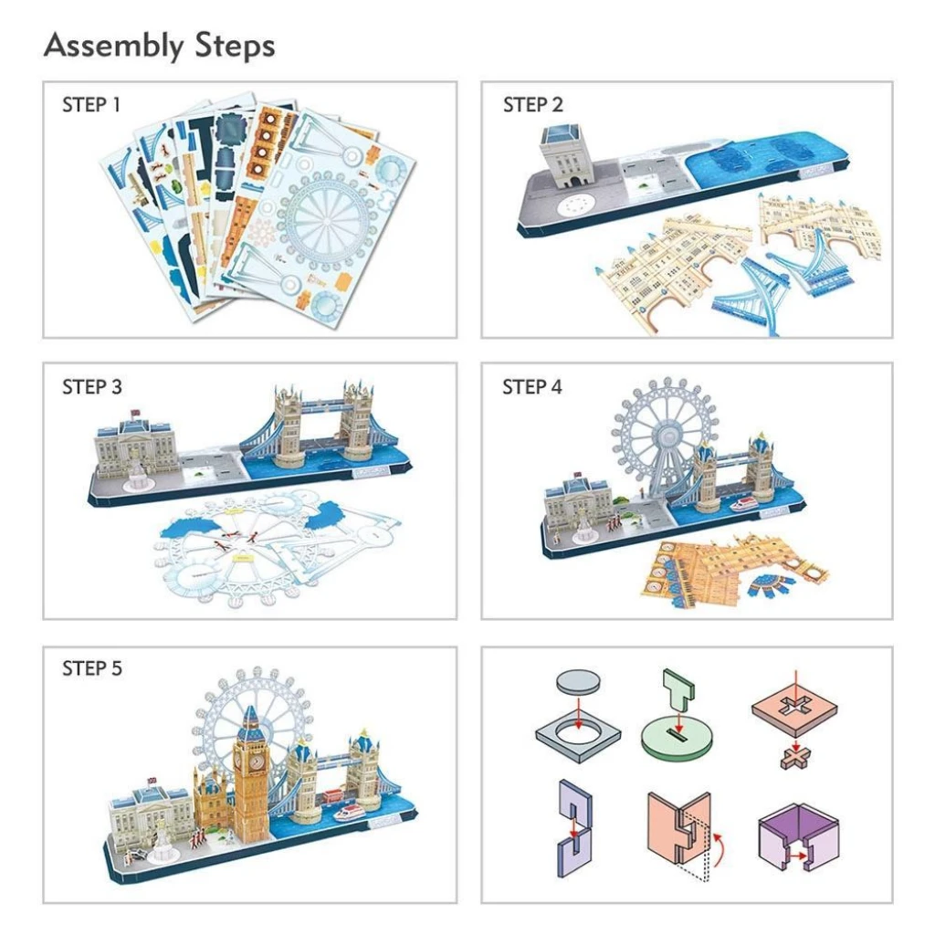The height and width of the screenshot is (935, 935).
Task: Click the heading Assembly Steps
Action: pos(159,46)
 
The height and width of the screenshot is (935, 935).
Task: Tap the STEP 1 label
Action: pos(91,105)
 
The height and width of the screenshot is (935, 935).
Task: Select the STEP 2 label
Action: pos(532,105)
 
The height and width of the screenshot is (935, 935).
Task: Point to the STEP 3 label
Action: pos(92,387)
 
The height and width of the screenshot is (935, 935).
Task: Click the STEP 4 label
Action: pos(532,387)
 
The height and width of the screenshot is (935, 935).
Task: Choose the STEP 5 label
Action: pos(92,668)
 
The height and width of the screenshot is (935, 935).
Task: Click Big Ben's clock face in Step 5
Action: pos(257,762)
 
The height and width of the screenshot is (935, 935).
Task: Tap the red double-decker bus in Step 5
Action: pos(334,796)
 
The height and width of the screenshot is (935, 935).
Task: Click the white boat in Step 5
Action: pos(350,813)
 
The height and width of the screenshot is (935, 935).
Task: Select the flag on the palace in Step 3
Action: pos(135,412)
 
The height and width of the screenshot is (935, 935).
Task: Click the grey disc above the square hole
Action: pos(578,682)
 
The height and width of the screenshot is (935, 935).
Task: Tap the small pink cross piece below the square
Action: pos(796,758)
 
